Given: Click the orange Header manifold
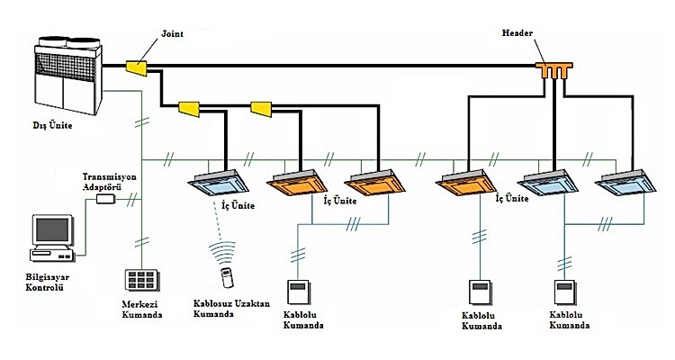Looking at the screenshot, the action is tap(554, 70).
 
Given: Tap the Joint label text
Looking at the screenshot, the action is tap(172, 33).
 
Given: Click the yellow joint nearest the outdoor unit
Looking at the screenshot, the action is tap(137, 68).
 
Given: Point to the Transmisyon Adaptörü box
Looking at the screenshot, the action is tap(105, 199).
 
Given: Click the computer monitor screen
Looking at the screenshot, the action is tap(52, 229).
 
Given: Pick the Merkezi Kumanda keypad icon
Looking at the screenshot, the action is tap(141, 280).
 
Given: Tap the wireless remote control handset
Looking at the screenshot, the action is tap(227, 278).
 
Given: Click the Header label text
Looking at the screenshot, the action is tap(517, 32).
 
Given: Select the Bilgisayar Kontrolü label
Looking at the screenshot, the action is tap(48, 282).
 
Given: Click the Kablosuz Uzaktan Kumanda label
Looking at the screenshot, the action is tap(231, 309).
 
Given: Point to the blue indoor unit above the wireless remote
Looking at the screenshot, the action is tap(219, 183).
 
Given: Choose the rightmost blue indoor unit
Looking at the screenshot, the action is tap(625, 183).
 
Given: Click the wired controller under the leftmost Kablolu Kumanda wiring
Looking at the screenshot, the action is tap(299, 292).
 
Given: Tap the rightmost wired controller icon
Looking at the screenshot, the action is tap(565, 292).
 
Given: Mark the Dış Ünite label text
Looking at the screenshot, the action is tap(52, 126).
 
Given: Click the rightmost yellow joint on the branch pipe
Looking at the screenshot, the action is tap(261, 109).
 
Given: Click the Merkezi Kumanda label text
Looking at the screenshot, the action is tap(142, 310).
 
